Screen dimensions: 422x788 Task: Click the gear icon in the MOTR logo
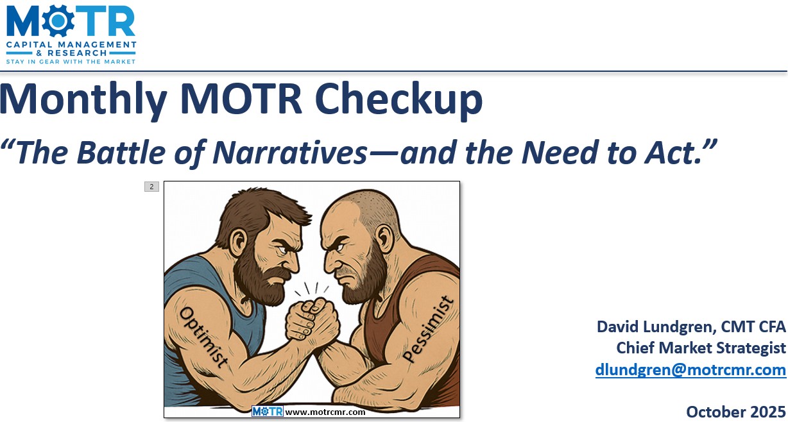point(55,22)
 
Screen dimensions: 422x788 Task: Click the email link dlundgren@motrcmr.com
point(690,369)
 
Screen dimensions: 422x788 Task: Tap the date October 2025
point(735,411)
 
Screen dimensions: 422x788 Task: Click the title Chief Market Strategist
point(701,348)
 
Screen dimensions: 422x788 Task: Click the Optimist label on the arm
point(203,337)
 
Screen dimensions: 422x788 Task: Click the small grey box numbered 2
point(151,187)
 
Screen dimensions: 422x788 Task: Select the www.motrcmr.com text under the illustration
point(325,412)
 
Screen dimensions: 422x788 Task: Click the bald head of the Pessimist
point(359,204)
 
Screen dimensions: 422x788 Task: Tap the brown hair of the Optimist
point(257,205)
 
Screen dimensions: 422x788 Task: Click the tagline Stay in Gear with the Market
point(71,61)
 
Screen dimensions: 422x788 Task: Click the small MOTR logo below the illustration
point(267,412)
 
